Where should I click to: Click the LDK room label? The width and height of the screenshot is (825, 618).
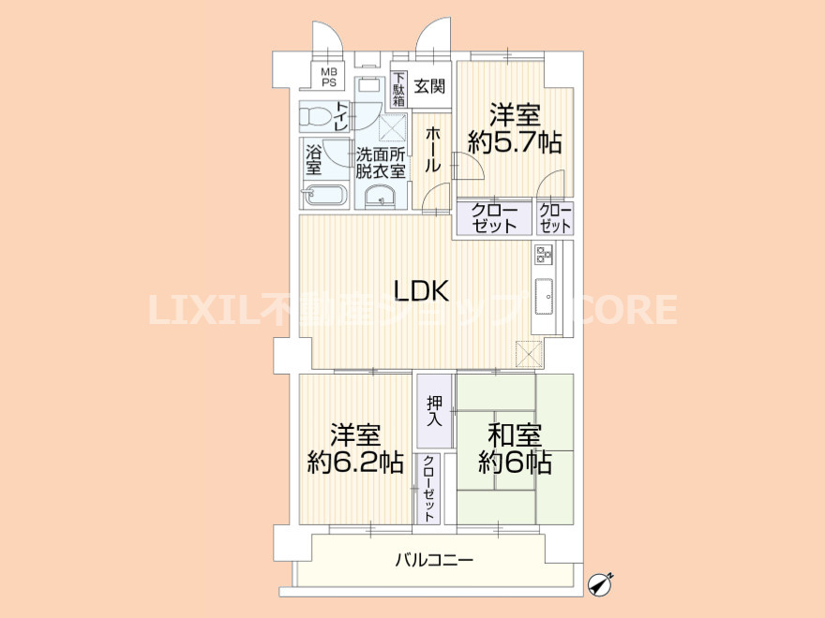click(x=422, y=290)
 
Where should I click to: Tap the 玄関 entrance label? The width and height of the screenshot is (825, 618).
click(x=429, y=86)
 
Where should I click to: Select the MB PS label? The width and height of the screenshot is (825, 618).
click(x=329, y=78)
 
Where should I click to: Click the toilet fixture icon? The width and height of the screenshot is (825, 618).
click(x=317, y=116)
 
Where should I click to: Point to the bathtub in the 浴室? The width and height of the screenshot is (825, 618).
click(x=324, y=196)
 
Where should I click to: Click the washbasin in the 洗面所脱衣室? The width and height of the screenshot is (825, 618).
click(x=381, y=197)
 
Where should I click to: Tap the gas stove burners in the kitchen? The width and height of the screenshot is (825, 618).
click(x=544, y=255)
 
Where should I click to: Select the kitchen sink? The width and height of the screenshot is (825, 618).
click(x=544, y=297)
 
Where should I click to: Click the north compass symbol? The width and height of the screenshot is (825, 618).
click(x=600, y=583)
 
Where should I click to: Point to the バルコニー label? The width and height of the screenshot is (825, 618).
click(x=434, y=560)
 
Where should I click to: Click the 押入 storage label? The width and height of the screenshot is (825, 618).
click(x=435, y=411)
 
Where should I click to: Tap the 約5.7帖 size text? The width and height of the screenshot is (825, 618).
click(x=515, y=142)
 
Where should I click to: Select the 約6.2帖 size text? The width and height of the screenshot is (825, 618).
click(x=355, y=463)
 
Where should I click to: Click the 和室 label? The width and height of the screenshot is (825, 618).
click(x=515, y=435)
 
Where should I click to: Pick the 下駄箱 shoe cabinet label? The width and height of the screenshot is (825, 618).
click(x=399, y=89)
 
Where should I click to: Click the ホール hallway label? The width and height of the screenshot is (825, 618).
click(x=432, y=151)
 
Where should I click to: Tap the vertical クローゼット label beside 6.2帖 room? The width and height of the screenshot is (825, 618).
click(x=428, y=489)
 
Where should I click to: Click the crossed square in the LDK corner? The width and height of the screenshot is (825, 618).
click(x=528, y=353)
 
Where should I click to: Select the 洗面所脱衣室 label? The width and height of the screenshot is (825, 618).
click(x=381, y=163)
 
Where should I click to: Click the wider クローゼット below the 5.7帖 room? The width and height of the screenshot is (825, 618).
click(x=494, y=218)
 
